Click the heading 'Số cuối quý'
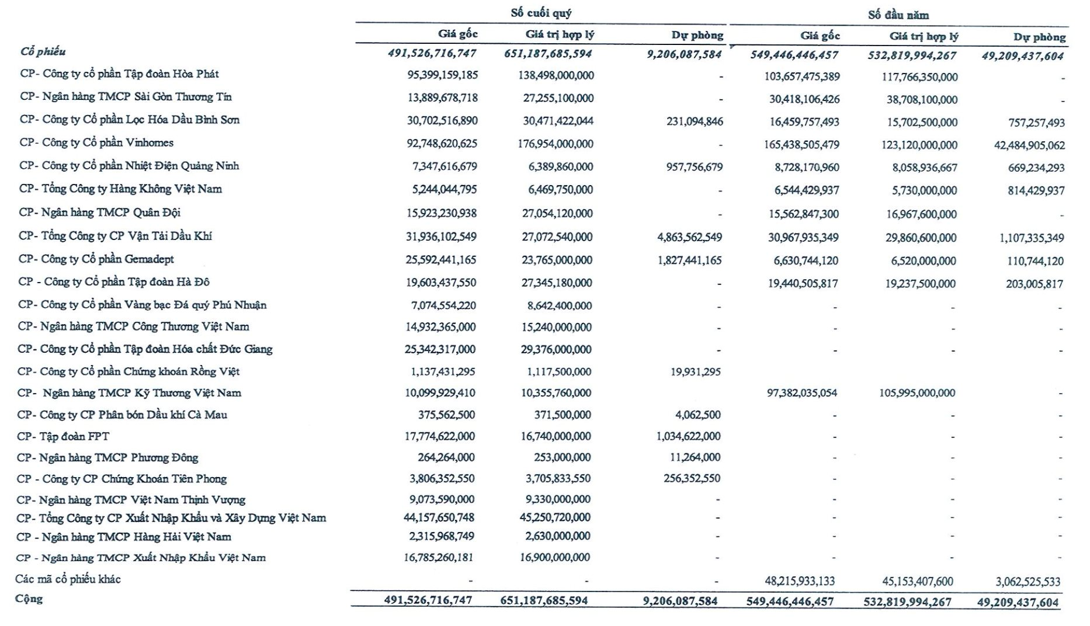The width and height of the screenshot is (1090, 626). click(x=541, y=13)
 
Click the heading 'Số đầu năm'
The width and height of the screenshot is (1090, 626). click(x=898, y=15)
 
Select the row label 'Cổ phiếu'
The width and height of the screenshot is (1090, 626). click(x=43, y=52)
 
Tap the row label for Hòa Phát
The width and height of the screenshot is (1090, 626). click(x=119, y=74)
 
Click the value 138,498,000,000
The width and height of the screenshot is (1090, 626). click(x=556, y=75)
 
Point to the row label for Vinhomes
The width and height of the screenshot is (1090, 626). click(x=96, y=143)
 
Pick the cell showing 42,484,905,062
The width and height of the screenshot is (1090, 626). click(x=1029, y=145)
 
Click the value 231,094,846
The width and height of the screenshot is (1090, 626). click(x=694, y=121)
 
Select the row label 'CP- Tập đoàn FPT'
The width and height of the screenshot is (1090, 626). click(x=63, y=436)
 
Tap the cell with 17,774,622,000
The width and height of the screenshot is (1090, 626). click(x=440, y=436)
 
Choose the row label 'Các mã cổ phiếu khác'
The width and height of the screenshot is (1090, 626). click(x=68, y=579)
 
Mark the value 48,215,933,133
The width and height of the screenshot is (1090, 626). click(x=799, y=582)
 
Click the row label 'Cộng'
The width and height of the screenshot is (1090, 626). click(x=29, y=599)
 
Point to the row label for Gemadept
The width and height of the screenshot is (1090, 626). click(x=96, y=259)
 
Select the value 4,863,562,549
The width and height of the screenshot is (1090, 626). click(x=689, y=237)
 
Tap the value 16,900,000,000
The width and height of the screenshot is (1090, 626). click(x=555, y=558)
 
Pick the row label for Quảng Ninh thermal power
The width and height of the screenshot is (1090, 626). click(x=129, y=166)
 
